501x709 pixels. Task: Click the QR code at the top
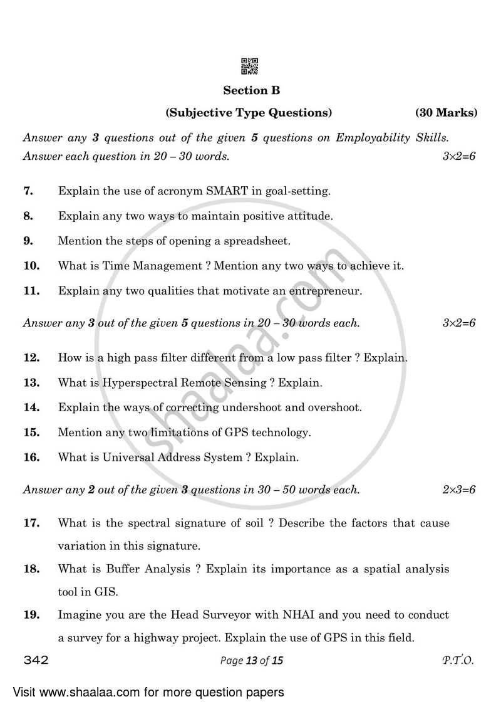(x=250, y=66)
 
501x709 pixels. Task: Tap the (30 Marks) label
(x=446, y=113)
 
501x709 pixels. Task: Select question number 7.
(x=28, y=191)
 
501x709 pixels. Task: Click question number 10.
(x=31, y=265)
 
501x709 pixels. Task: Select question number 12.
(x=31, y=358)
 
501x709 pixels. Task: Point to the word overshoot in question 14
(x=335, y=407)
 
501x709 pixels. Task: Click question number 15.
(x=31, y=432)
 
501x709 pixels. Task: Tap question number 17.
(x=31, y=522)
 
